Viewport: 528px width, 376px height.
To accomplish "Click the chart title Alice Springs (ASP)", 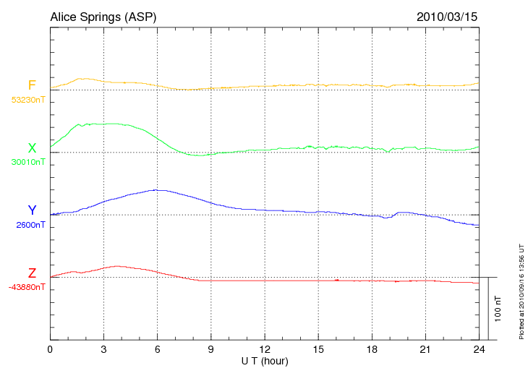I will (103, 16).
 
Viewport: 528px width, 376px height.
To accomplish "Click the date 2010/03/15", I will (446, 16).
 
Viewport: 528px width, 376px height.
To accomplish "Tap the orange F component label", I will (32, 85).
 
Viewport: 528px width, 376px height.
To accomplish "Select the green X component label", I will (32, 148).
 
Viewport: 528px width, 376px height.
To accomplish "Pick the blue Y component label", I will (32, 210).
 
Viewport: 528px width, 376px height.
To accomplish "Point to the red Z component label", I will (32, 273).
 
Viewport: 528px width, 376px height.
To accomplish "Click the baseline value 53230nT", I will (28, 100).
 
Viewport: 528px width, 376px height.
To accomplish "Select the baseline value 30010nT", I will (28, 162).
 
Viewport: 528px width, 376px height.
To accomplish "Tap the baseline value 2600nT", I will (30, 225).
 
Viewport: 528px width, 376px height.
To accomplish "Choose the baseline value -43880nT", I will (27, 287).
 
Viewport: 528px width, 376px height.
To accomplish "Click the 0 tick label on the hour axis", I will (51, 349).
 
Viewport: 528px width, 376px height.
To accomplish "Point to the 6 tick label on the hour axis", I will (158, 349).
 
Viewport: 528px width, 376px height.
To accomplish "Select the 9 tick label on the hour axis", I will (211, 349).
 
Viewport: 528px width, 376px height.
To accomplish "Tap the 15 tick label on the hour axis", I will (318, 349).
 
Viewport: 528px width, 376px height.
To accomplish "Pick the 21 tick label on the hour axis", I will (425, 349).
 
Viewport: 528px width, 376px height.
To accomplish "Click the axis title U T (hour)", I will (265, 360).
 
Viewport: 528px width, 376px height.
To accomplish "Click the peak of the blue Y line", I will (156, 189).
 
